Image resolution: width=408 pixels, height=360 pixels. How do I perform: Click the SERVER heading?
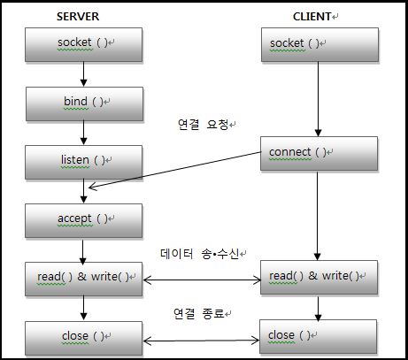pos(79,17)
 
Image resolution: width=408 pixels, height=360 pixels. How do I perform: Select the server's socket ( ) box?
pos(84,43)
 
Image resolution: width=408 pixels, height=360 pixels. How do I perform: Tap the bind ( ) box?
pos(84,103)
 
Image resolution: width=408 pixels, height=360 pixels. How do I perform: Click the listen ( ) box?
pos(84,161)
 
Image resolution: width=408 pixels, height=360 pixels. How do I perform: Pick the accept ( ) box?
pos(84,219)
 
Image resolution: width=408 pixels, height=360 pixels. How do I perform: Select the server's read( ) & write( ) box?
pos(84,279)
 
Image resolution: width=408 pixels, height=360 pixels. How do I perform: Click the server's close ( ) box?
pos(84,338)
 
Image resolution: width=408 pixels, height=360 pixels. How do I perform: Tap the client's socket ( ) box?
pos(319,44)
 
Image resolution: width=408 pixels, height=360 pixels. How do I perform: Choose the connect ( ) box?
pos(319,153)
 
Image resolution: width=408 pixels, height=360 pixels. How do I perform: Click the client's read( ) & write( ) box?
pos(319,278)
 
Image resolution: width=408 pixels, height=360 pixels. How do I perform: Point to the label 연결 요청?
pos(203,126)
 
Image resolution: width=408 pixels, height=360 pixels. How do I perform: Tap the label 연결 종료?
pos(202,313)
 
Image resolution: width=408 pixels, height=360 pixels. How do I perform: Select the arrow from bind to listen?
pos(84,132)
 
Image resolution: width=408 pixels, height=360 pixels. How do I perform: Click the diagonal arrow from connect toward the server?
pos(177,174)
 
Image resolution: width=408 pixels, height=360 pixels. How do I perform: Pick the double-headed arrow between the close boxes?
pos(202,340)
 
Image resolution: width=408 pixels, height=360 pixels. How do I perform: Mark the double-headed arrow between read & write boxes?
pos(202,280)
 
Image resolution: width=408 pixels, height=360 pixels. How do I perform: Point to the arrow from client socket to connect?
pos(319,98)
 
